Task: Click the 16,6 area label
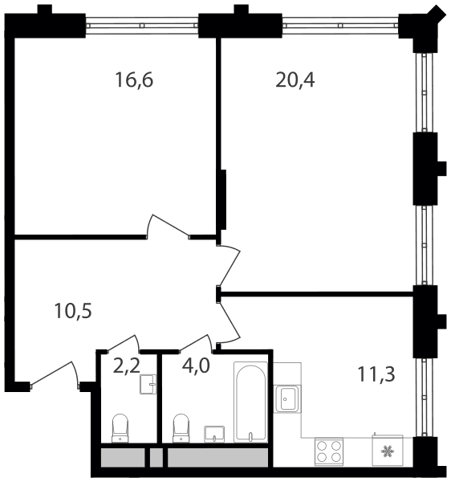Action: [x=134, y=80]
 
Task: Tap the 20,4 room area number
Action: [x=295, y=80]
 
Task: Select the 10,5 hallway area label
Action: [x=73, y=311]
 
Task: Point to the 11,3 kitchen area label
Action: [x=376, y=374]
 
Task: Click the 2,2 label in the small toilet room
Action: [x=127, y=366]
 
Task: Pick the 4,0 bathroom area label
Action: [x=196, y=366]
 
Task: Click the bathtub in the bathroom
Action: [x=250, y=402]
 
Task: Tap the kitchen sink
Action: [x=286, y=398]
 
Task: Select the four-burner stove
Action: [x=328, y=451]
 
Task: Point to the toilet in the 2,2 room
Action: [x=120, y=428]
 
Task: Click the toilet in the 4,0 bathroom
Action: [x=181, y=428]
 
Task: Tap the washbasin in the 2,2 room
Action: [x=148, y=384]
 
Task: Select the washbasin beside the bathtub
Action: [x=214, y=434]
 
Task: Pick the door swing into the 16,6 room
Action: [x=169, y=226]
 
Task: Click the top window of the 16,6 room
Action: [x=142, y=26]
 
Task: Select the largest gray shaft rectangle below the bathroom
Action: [x=217, y=457]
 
